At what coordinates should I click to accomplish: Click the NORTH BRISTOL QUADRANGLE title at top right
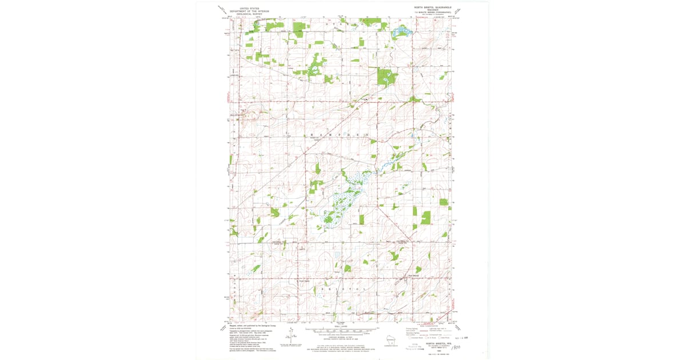[x=433, y=7]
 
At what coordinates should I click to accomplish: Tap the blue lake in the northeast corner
[x=402, y=31]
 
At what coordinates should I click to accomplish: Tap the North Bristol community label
[x=302, y=280]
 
